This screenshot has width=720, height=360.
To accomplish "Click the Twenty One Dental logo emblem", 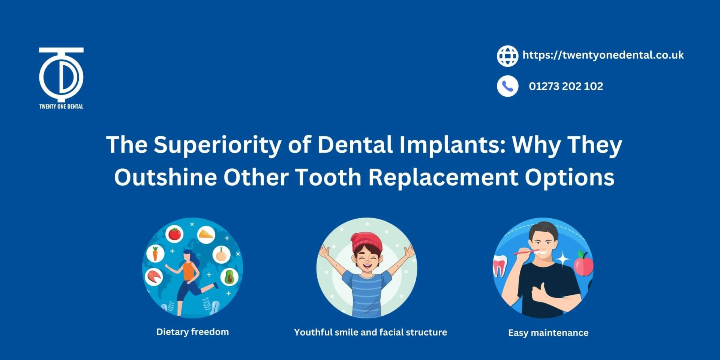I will pyautogui.click(x=61, y=75).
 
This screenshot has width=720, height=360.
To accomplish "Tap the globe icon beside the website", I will pyautogui.click(x=507, y=56).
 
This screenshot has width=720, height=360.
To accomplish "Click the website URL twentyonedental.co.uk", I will pyautogui.click(x=603, y=55).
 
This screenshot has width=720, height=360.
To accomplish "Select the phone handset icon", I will pyautogui.click(x=507, y=86).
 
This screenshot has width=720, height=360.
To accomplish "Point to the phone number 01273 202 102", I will pyautogui.click(x=565, y=86).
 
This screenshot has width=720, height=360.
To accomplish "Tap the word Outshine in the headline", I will pyautogui.click(x=165, y=177).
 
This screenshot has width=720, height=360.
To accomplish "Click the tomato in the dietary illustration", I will pyautogui.click(x=174, y=234).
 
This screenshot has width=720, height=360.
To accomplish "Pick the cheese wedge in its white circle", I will pyautogui.click(x=206, y=234).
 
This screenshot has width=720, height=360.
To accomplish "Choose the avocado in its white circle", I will pyautogui.click(x=229, y=277).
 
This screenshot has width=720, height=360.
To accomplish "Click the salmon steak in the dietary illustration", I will pyautogui.click(x=154, y=277).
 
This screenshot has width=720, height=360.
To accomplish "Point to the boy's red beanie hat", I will pyautogui.click(x=366, y=241).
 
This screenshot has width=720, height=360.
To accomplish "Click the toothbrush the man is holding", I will pyautogui.click(x=529, y=252).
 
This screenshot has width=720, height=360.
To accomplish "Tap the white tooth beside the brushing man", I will pyautogui.click(x=499, y=265).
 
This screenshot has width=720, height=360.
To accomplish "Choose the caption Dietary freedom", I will pyautogui.click(x=192, y=332).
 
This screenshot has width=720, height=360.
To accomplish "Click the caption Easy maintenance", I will pyautogui.click(x=548, y=333).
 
